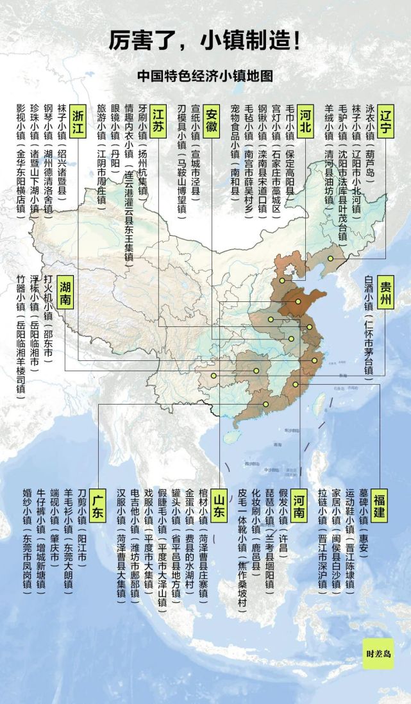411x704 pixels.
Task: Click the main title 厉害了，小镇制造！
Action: coord(205,42)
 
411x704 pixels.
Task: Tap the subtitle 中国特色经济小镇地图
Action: coord(205,76)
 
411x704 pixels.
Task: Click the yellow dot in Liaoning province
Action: coord(331,259)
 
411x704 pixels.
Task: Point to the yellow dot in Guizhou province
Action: coord(214,376)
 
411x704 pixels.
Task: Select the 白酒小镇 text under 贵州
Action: coord(368,301)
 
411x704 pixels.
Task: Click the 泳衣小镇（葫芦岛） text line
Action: coord(368,141)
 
